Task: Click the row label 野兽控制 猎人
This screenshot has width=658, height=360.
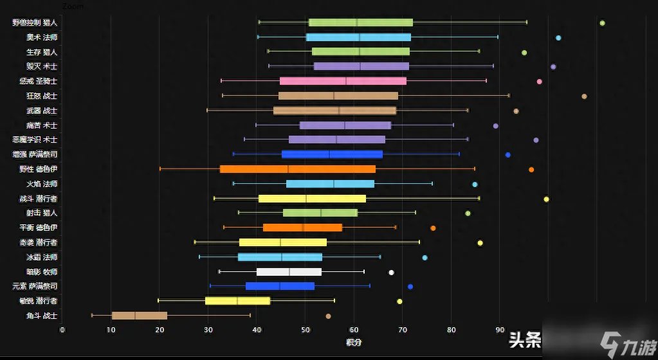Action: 35,22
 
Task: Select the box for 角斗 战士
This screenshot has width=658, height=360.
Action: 140,316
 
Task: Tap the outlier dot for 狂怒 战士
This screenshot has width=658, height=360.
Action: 584,96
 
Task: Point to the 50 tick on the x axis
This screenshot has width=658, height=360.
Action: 306,330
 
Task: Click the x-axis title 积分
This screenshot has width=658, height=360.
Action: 353,342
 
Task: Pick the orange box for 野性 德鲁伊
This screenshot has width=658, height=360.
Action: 297,169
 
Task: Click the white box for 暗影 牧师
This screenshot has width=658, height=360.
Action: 289,272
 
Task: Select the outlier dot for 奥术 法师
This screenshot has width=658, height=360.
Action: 558,38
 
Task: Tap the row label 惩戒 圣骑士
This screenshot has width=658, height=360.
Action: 39,81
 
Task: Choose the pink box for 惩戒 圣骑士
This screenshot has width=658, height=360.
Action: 343,81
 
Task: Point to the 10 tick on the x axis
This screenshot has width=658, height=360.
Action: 111,330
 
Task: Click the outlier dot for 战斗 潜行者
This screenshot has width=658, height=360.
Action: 546,199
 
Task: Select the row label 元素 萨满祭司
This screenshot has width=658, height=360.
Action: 35,286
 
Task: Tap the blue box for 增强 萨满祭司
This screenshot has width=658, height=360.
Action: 332,154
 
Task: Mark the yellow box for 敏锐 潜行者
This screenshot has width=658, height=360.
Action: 237,301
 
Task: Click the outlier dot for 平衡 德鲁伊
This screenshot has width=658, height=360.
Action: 433,228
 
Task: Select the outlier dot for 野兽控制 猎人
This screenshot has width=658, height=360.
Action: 602,23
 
